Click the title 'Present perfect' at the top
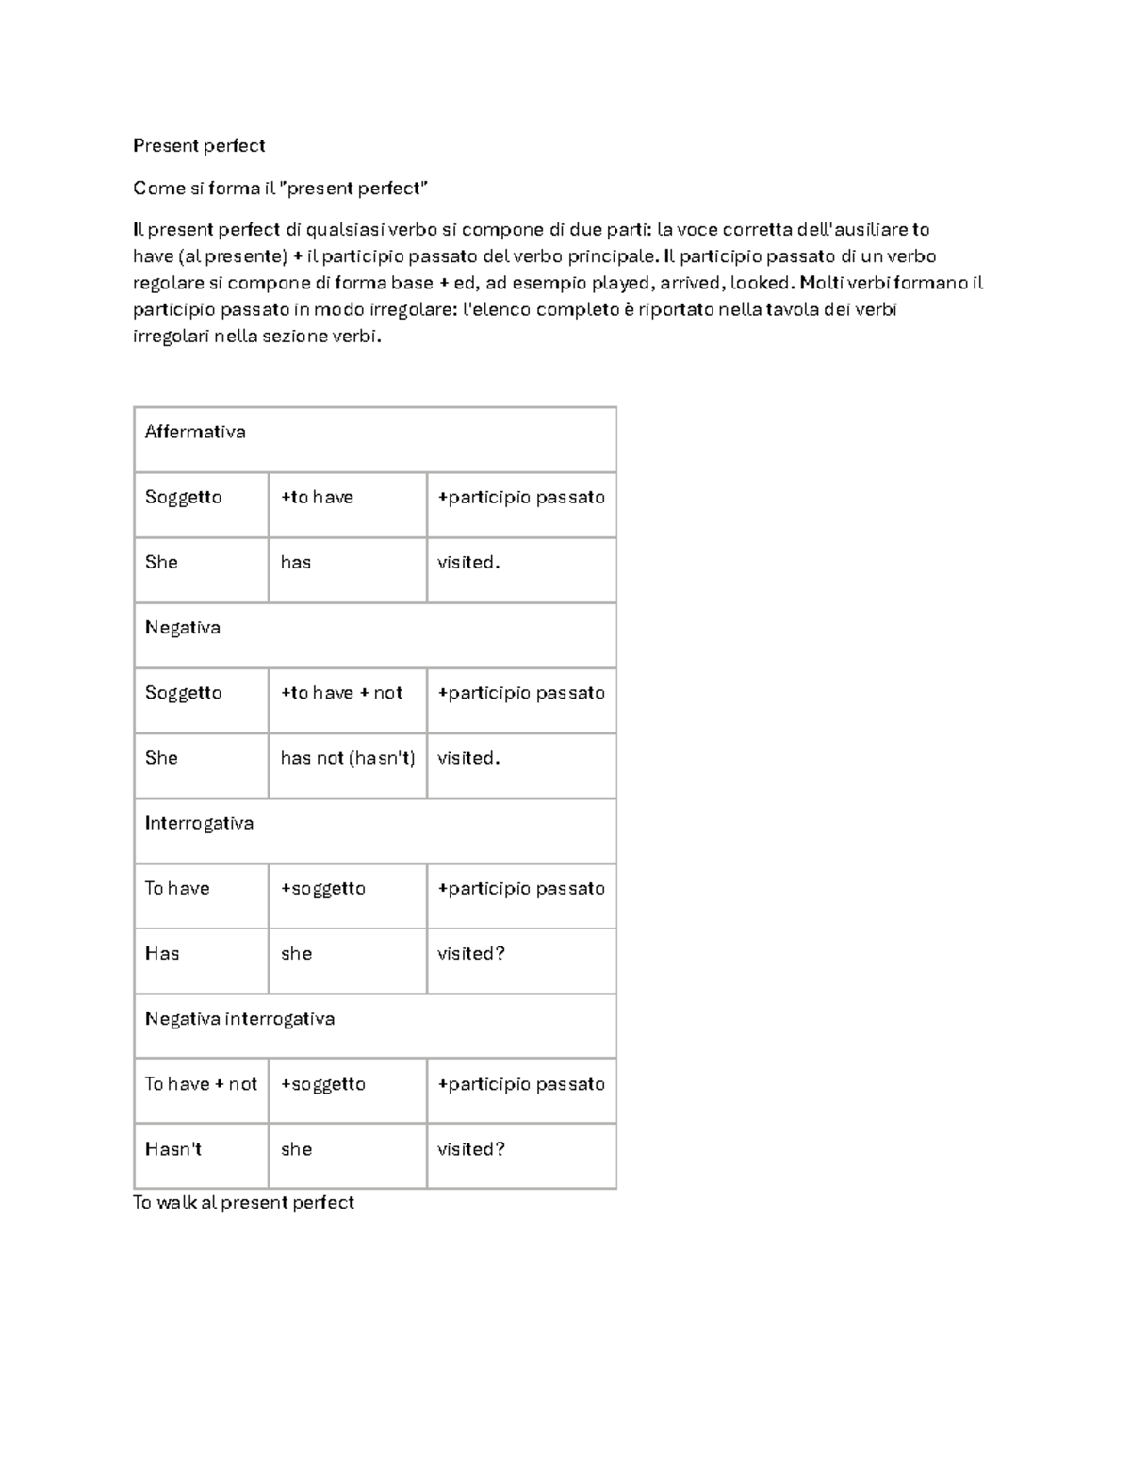[199, 145]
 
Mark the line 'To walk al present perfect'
[243, 1203]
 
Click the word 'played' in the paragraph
[620, 283]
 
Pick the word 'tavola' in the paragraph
[793, 309]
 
